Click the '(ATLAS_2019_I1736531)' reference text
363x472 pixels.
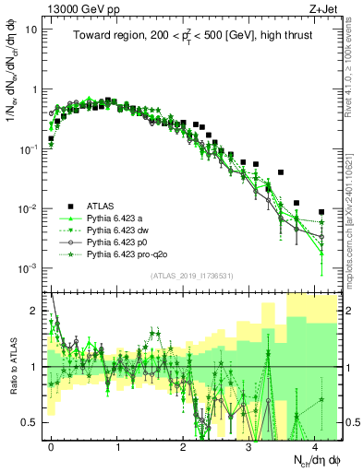click(194, 275)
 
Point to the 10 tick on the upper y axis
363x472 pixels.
click(31, 29)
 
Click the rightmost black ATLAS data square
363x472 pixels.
click(321, 211)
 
